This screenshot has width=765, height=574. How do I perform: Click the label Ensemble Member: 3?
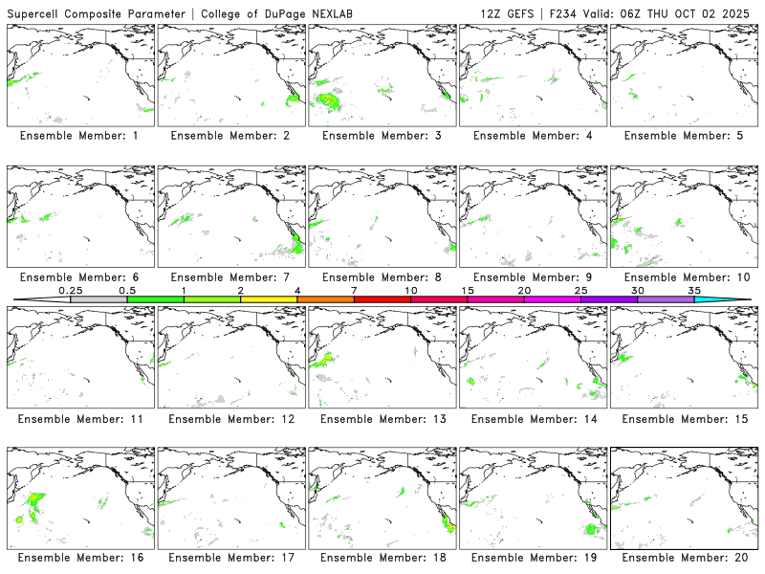coord(382,136)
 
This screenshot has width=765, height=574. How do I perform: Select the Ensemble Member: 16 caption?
coord(80,557)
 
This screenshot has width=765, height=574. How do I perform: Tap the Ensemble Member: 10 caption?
coord(685,277)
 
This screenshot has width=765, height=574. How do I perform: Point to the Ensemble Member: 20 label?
coord(685,557)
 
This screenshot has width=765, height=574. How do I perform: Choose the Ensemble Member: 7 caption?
coord(231,277)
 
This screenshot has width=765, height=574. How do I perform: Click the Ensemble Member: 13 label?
coord(382,419)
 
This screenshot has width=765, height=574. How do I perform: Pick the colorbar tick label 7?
coord(354,290)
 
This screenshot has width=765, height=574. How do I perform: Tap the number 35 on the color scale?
coord(694,290)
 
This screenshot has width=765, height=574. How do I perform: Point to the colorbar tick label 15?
coord(468,290)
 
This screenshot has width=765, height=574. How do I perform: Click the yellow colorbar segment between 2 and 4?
coord(269,299)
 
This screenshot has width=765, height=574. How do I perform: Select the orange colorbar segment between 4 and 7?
coord(325,299)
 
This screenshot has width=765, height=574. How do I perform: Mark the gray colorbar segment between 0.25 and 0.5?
coord(98,299)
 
